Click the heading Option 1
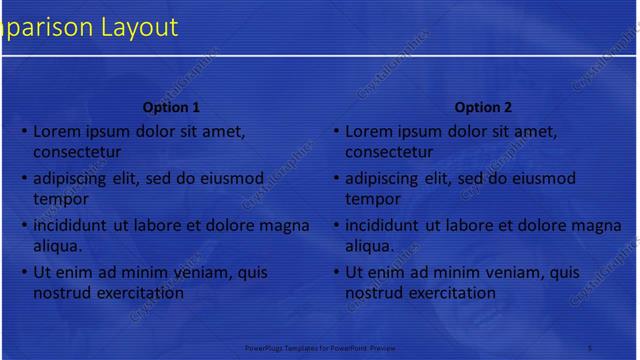[x=172, y=107]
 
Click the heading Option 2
[x=483, y=107]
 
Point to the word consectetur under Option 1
[x=77, y=153]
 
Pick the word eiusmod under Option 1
[x=233, y=179]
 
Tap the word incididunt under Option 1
[x=74, y=225]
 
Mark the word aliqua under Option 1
[x=57, y=245]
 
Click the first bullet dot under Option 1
[x=23, y=131]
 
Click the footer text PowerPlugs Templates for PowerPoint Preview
[x=320, y=347]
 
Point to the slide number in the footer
[x=590, y=347]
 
